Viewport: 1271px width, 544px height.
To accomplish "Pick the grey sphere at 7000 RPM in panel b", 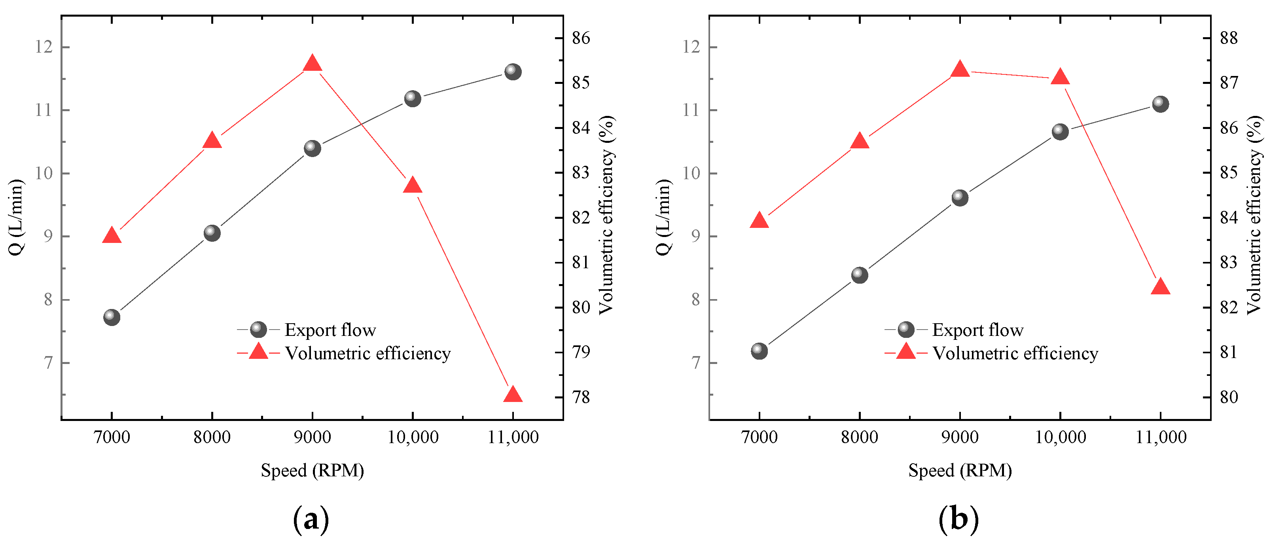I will [760, 351].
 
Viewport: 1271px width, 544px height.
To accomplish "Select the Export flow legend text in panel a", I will [330, 330].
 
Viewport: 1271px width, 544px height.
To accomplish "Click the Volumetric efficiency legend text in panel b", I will [1015, 353].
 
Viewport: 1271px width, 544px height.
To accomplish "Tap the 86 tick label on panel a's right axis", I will [581, 38].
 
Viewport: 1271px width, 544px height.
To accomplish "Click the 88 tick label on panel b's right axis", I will [1229, 38].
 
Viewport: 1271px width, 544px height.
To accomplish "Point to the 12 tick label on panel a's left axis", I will [44, 47].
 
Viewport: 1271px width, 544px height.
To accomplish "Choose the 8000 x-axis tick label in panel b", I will [860, 437].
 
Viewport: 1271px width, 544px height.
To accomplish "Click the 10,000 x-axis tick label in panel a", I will [413, 437].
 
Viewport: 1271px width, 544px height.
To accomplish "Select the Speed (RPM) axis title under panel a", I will [313, 470].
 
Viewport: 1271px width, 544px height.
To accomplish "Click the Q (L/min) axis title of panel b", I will [664, 217].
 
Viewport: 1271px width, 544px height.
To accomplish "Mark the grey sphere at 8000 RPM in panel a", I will [212, 233].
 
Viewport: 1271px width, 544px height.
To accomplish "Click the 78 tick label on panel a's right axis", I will [581, 397].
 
